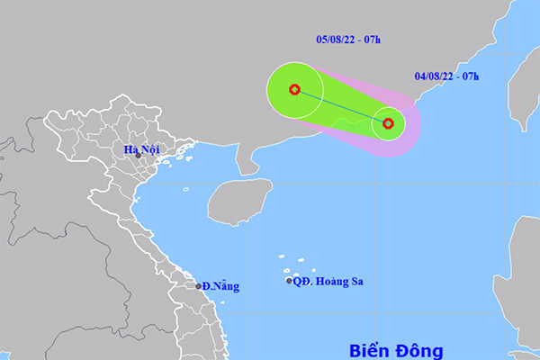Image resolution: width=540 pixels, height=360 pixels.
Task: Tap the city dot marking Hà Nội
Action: [138, 155]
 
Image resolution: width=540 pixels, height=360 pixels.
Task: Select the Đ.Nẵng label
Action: [221, 286]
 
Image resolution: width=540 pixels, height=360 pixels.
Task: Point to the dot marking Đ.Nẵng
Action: [199, 287]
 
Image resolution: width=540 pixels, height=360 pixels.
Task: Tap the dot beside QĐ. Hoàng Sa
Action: [289, 281]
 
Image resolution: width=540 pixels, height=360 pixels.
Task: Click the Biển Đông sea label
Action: [396, 348]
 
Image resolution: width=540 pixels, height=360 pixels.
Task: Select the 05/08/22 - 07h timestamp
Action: [348, 40]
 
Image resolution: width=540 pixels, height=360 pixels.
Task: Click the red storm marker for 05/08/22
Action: [294, 89]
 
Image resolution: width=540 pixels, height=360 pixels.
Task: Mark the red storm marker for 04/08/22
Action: [388, 123]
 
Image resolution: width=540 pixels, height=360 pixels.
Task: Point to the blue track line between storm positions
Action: [341, 106]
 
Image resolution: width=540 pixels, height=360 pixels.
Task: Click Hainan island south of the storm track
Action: [239, 200]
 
